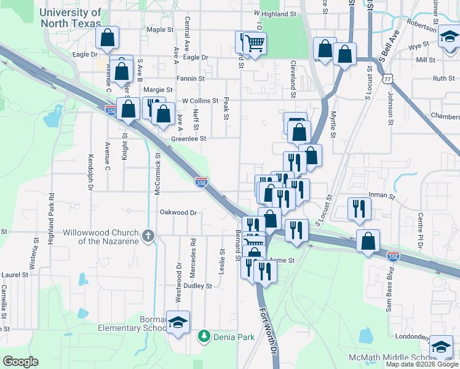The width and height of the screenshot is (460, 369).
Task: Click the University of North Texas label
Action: (71, 18)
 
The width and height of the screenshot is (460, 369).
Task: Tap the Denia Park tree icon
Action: (204, 336)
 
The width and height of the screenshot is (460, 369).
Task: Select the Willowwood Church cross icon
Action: (147, 236)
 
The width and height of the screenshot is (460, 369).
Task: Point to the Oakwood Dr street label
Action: (178, 212)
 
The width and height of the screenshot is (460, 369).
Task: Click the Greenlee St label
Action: (188, 139)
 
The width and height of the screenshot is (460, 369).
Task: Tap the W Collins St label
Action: (200, 101)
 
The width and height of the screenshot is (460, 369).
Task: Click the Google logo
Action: (20, 362)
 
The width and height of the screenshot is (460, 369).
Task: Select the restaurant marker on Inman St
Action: (358, 209)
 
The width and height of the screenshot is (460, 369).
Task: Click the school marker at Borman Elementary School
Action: (178, 322)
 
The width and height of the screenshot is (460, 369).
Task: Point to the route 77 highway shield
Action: (387, 79)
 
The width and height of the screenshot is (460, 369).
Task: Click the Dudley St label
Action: (197, 286)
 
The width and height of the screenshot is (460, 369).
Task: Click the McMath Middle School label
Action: (400, 358)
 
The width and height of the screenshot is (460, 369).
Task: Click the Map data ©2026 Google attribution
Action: (421, 364)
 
